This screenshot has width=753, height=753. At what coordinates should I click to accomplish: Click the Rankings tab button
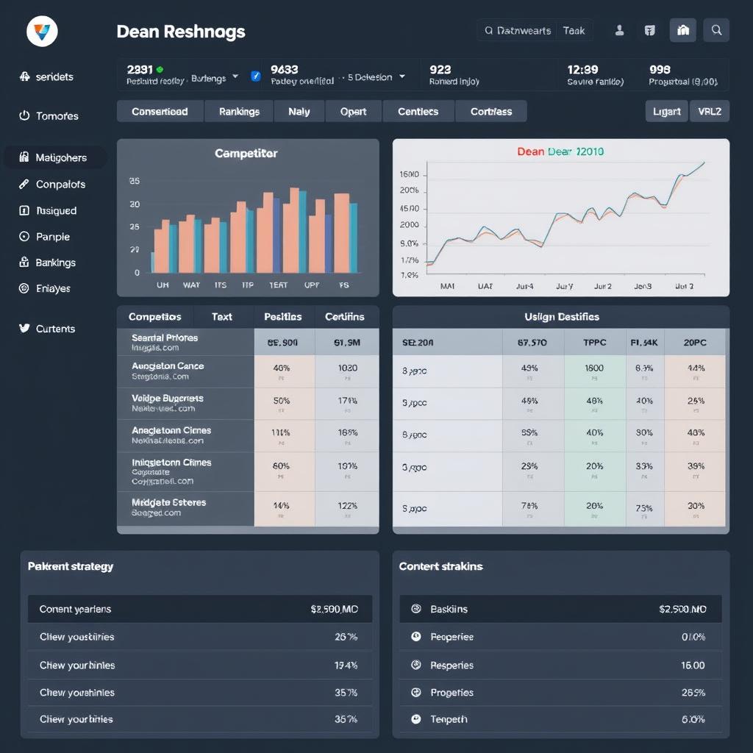point(239,112)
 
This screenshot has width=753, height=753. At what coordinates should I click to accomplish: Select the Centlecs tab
point(418,112)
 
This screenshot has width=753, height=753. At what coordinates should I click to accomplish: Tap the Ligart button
point(666,112)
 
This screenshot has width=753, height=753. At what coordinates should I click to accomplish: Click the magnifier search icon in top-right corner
point(716,30)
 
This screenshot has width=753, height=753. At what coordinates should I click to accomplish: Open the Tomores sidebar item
point(57,116)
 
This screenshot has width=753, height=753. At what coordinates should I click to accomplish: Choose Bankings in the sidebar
point(55,263)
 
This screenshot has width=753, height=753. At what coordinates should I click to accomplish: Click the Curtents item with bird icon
point(55,329)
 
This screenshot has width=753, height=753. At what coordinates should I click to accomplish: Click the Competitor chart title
point(246,154)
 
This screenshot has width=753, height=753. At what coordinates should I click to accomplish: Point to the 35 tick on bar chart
point(134,180)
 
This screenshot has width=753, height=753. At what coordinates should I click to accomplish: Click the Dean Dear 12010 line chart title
point(560,151)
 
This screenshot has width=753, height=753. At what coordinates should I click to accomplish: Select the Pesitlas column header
point(282,317)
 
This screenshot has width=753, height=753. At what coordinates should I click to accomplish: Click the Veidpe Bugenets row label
point(167,398)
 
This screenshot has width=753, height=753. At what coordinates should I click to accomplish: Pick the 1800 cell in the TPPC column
point(594,368)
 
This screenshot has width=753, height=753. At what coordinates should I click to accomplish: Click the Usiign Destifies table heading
point(561,317)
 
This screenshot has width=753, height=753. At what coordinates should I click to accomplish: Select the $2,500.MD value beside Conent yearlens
point(334,609)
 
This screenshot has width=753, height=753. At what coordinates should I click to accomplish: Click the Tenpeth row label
point(449,719)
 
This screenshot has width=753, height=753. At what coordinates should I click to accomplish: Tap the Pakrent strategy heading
point(71,566)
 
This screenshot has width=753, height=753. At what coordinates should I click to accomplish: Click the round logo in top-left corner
point(42,32)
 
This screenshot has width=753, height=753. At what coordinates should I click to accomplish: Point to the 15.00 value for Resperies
point(693,665)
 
